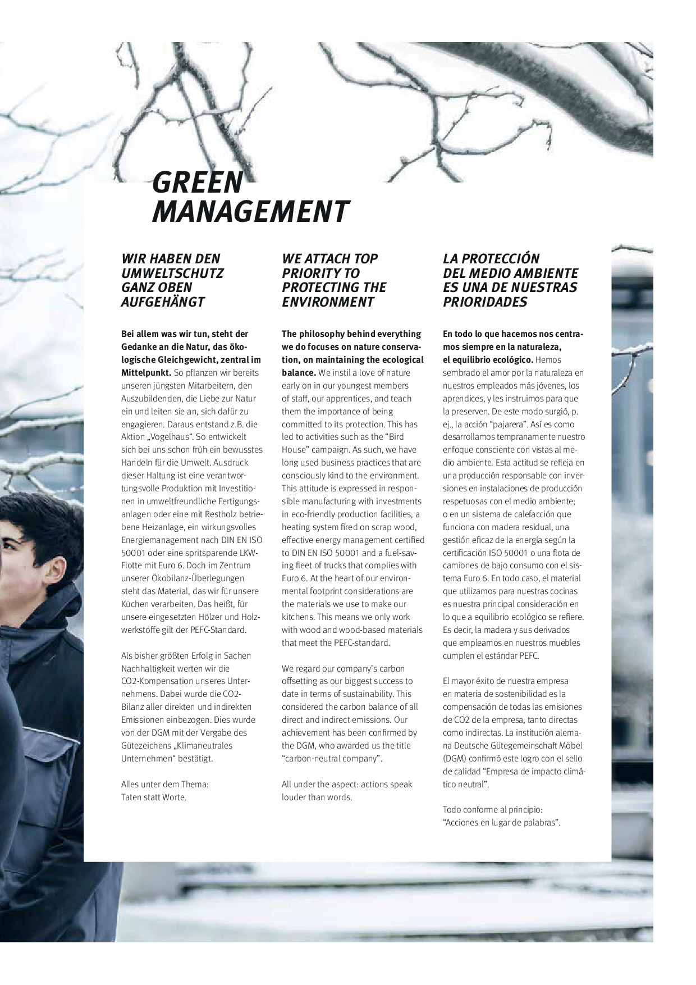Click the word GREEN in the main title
tap(198, 182)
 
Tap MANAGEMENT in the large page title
tap(250, 212)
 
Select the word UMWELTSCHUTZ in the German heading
tap(172, 273)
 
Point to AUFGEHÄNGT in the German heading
tap(163, 302)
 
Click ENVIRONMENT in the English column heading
tap(328, 302)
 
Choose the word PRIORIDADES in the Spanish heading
tap(485, 302)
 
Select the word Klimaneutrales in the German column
tap(205, 746)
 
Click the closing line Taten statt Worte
tap(154, 797)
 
